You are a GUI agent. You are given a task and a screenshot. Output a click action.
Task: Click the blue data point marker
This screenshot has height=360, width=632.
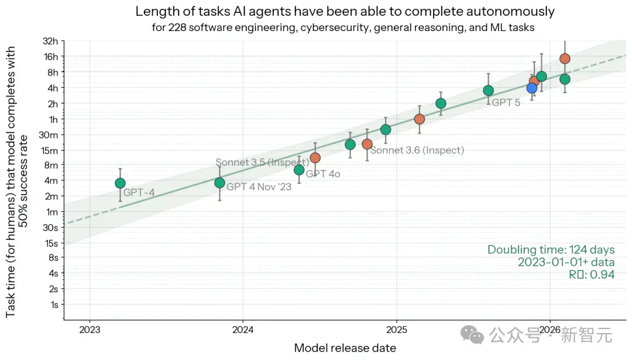(x=531, y=88)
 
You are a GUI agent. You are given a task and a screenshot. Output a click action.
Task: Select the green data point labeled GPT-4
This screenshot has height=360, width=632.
(x=120, y=183)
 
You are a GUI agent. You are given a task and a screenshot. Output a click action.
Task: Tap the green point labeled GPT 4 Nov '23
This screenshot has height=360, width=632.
(x=219, y=183)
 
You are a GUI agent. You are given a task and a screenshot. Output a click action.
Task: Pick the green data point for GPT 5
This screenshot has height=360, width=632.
(x=488, y=91)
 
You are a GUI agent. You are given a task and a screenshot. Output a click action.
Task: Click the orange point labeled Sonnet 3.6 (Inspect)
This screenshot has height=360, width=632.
(x=367, y=145)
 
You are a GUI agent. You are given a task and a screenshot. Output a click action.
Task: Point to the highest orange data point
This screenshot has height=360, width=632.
(x=565, y=59)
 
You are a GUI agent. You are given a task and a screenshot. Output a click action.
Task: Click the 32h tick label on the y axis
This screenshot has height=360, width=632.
(x=50, y=41)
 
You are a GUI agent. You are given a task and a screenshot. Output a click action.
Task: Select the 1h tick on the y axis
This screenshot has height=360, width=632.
(x=53, y=120)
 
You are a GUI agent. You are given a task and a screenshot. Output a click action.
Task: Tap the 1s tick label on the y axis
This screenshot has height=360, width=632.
(x=54, y=305)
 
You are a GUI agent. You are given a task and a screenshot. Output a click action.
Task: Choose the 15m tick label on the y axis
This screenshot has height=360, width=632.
(x=50, y=151)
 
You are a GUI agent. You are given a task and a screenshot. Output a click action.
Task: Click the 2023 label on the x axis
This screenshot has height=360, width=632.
(x=90, y=330)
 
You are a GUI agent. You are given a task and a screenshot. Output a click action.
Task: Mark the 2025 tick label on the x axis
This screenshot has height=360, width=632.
(x=397, y=330)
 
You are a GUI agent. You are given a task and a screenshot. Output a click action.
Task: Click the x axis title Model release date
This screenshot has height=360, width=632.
(x=345, y=348)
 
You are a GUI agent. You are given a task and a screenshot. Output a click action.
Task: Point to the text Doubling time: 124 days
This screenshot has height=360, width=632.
(x=551, y=249)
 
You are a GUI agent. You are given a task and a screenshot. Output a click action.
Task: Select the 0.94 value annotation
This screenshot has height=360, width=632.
(x=602, y=275)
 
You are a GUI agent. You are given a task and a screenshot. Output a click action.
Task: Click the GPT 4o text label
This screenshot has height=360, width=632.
(x=323, y=174)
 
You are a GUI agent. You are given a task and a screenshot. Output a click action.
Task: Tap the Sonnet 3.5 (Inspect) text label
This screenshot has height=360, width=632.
(x=262, y=163)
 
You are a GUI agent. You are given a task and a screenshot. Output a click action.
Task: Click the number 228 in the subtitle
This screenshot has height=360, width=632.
(x=177, y=28)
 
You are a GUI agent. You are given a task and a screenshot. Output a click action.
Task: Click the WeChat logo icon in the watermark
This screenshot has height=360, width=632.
(x=472, y=335)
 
